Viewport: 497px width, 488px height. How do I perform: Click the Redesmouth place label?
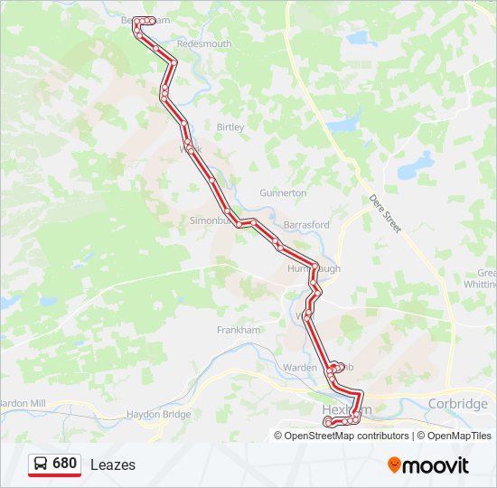(204, 43)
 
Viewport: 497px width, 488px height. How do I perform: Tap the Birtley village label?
(230, 127)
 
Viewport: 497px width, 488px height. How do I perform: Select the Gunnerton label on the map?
(283, 193)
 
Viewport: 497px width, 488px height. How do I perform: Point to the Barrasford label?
(306, 224)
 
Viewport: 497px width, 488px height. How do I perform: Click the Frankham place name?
(239, 330)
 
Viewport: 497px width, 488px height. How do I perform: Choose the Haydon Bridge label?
(158, 414)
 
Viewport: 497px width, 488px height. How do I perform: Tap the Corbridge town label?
(458, 404)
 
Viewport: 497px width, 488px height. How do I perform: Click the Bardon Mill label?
(22, 403)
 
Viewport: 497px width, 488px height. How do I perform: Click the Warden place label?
(300, 368)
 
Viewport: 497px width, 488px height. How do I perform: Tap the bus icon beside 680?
(42, 464)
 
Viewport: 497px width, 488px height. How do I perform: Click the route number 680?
(64, 464)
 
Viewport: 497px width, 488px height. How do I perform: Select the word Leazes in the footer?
(113, 465)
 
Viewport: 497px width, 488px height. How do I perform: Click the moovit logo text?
(436, 465)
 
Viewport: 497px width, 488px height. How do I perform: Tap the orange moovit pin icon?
(395, 465)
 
